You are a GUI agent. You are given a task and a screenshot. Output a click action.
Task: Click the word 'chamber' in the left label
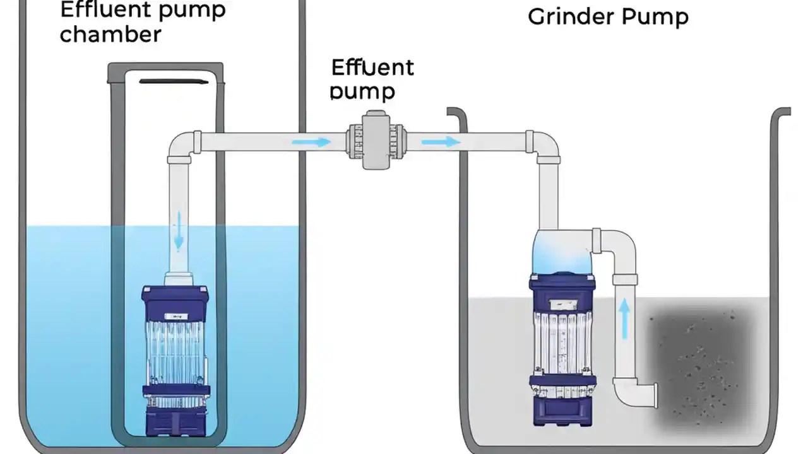110,35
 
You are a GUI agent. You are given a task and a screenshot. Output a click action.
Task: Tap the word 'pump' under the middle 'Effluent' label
362,91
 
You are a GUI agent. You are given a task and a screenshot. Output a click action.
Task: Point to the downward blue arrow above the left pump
179,230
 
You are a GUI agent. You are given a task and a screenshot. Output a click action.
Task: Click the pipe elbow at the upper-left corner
182,145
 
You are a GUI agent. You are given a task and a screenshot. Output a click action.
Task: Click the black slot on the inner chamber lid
172,81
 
